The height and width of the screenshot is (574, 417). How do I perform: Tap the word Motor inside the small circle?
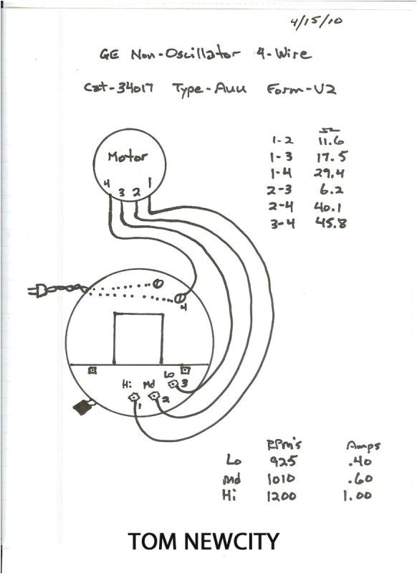click(128, 156)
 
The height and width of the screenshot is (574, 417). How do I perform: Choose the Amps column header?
click(363, 446)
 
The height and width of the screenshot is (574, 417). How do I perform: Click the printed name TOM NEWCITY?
click(203, 541)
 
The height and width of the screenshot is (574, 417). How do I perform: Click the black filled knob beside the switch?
click(84, 408)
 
